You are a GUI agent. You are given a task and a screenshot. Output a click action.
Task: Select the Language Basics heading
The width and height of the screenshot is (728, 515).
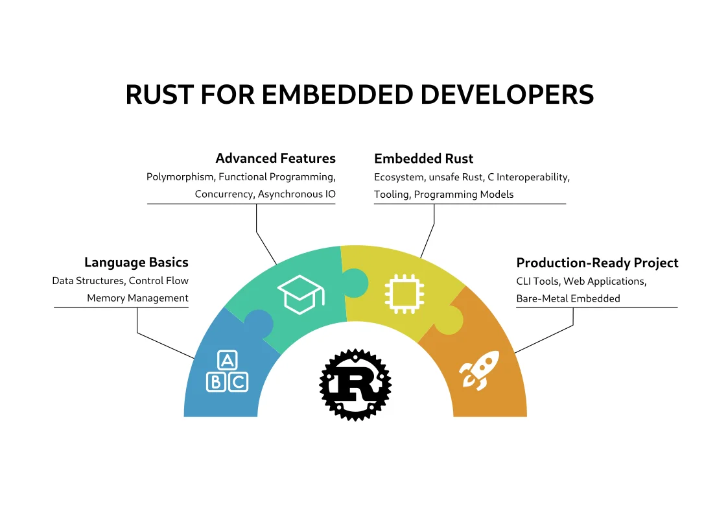coord(136,263)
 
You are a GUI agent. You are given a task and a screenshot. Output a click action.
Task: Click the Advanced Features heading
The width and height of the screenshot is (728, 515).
coord(276,158)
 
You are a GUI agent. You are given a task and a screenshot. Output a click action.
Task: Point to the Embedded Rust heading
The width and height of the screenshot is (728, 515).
coord(424,158)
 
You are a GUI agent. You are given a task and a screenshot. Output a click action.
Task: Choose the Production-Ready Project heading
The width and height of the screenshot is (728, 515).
coord(597,263)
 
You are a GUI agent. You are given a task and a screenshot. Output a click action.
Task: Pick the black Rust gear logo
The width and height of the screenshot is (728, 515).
coord(356,384)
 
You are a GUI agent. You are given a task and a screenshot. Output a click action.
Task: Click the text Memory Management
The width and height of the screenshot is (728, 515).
coord(137,298)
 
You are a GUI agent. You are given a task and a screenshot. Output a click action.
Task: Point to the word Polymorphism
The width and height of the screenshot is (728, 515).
coord(180,176)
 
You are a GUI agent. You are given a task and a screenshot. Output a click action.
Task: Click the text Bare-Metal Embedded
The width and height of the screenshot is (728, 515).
coord(568,298)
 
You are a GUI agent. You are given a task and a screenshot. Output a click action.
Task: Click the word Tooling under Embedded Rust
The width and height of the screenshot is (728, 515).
coord(391,194)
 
